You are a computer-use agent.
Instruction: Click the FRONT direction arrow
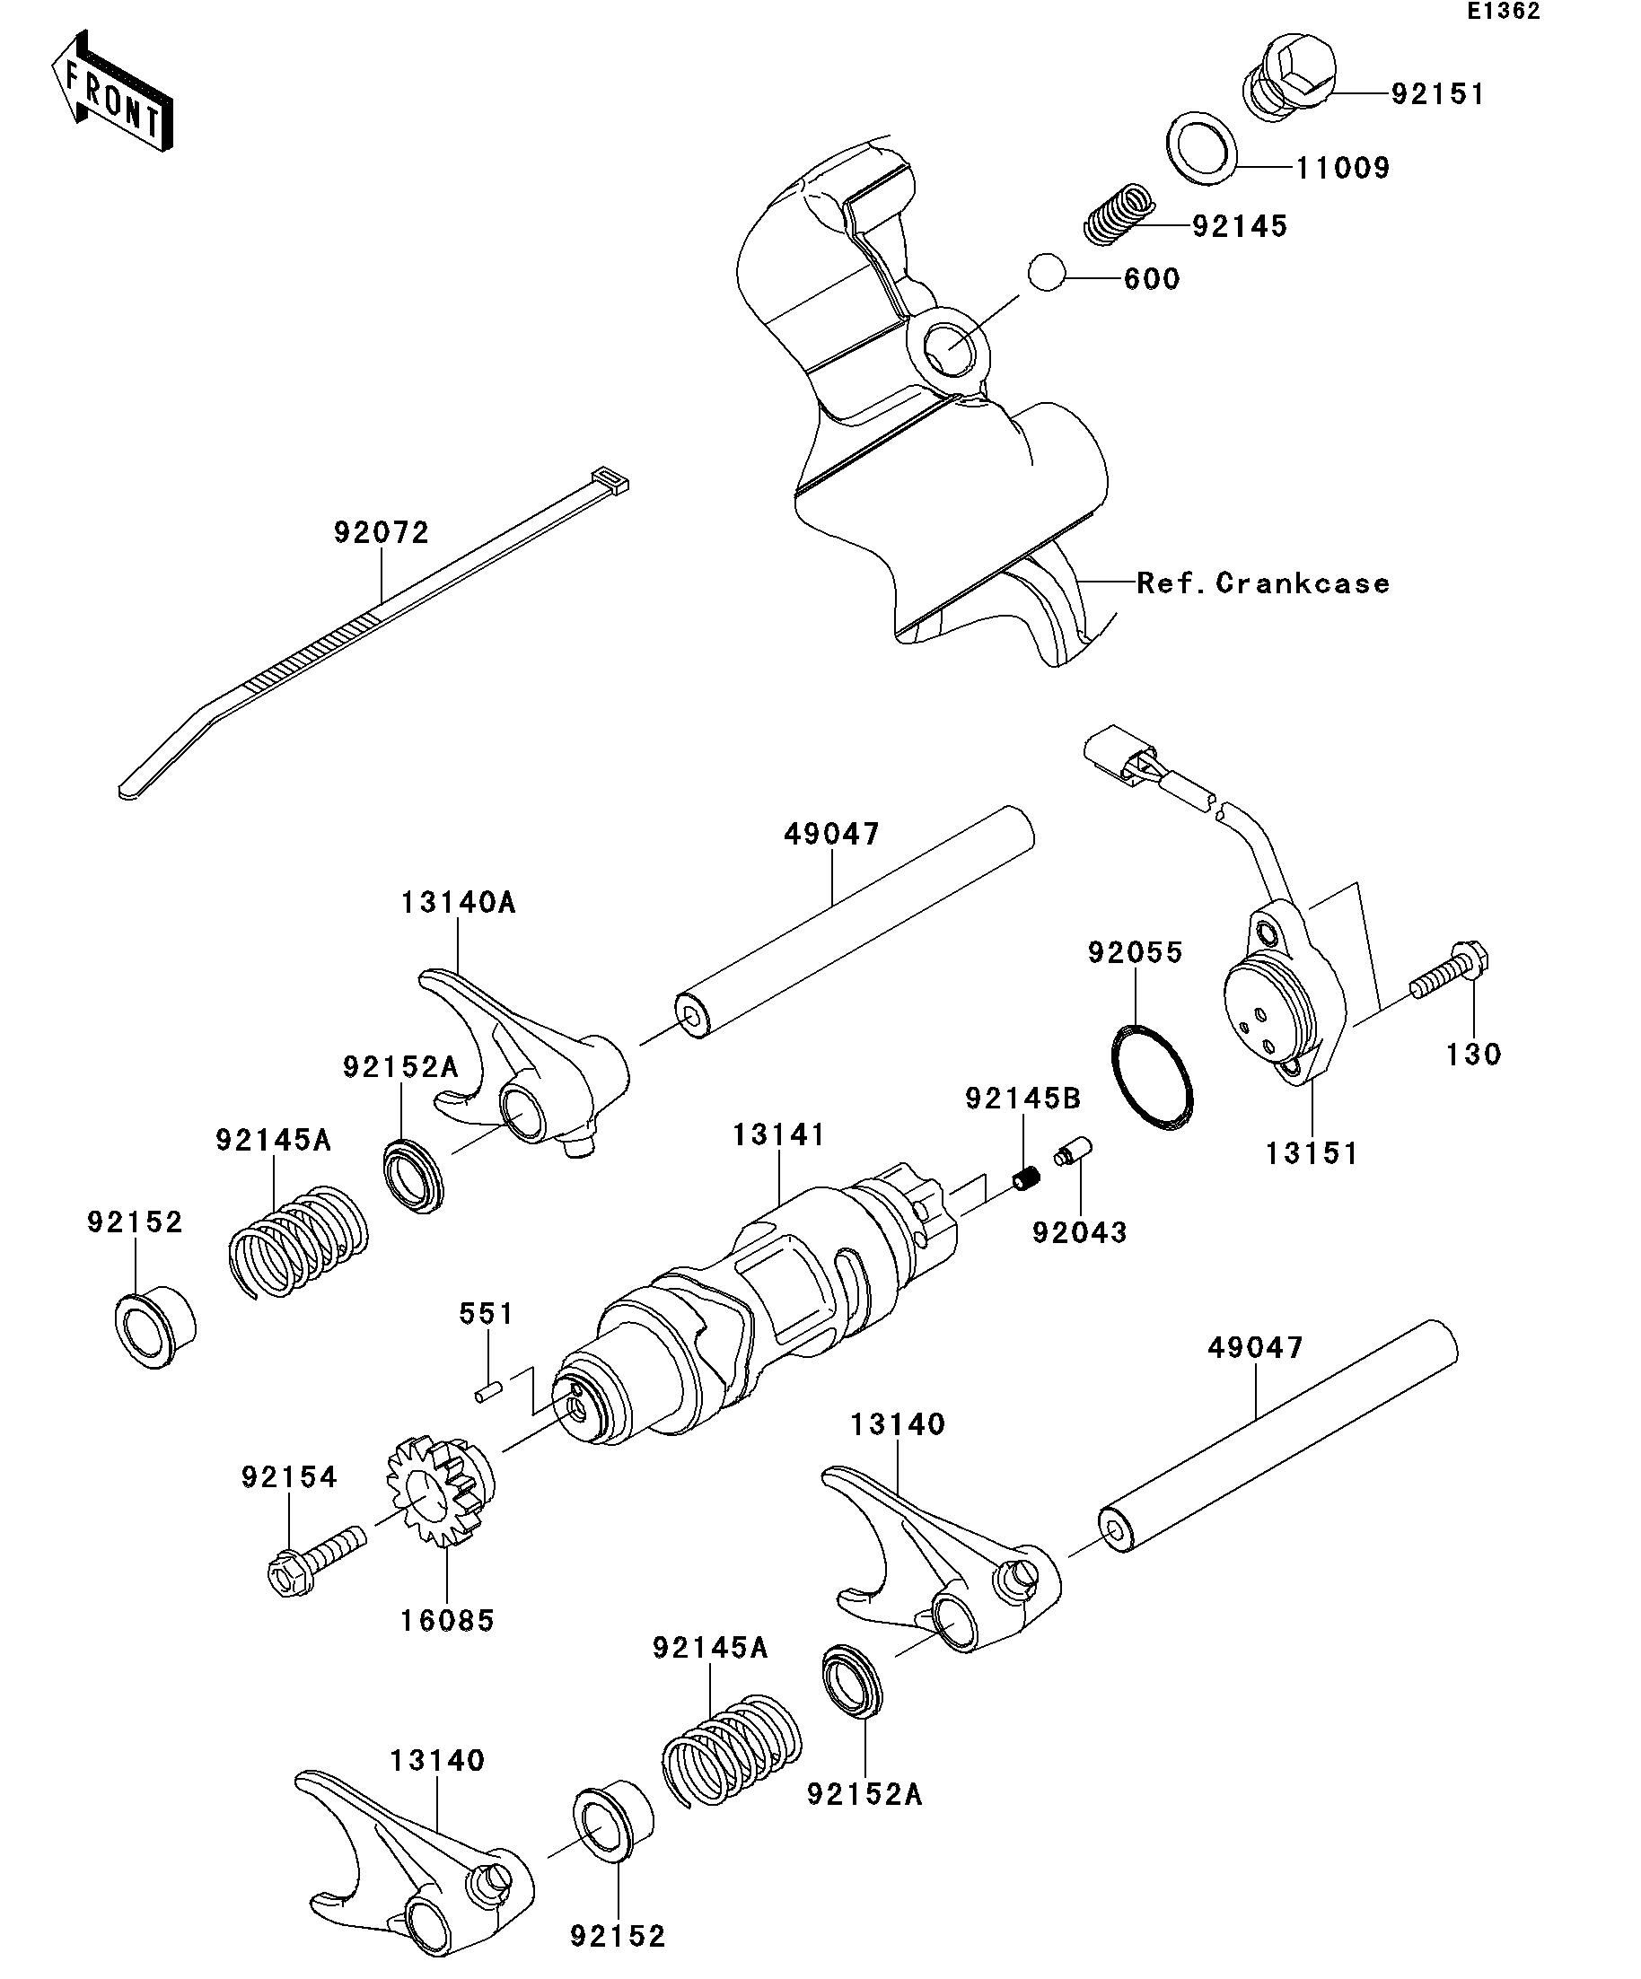coord(112,92)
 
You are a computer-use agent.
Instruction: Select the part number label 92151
coord(1437,94)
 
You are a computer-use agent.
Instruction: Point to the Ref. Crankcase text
coord(1263,582)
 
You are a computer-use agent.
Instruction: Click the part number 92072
coord(381,532)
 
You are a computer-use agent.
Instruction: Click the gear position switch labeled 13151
coord(1282,999)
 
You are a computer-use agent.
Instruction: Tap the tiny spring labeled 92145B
coord(1026,1177)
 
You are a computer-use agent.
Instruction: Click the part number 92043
coord(1079,1232)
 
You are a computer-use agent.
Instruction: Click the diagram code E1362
coord(1503,12)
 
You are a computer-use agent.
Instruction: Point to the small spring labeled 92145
coord(1118,214)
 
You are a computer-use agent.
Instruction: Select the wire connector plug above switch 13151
coord(1120,755)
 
